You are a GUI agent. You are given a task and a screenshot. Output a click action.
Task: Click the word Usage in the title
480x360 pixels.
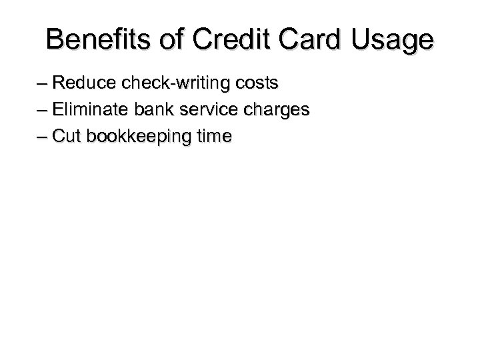click(395, 41)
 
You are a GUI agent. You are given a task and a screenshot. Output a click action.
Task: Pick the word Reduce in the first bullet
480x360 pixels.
click(81, 85)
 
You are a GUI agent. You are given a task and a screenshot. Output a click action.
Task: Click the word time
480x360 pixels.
click(210, 137)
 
